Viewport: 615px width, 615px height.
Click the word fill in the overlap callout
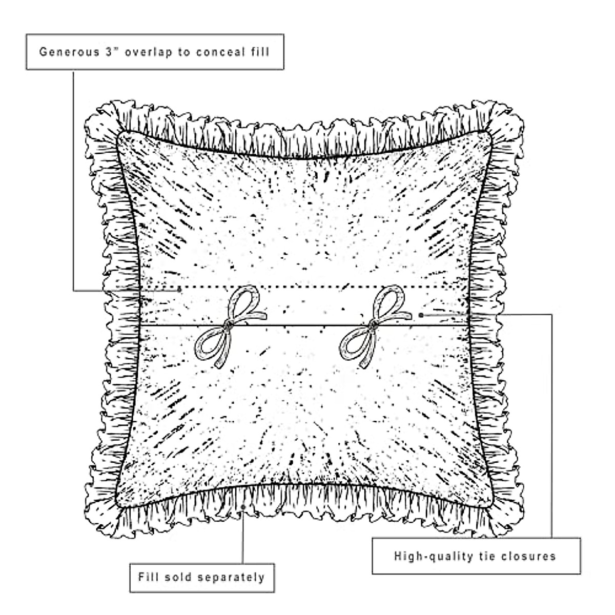(x=260, y=52)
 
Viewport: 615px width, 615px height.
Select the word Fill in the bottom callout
(x=148, y=578)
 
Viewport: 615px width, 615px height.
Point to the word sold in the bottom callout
(x=177, y=578)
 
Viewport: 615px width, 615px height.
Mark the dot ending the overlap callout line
(x=179, y=290)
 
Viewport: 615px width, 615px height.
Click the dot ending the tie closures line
(x=421, y=315)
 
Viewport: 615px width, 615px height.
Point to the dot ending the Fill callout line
(x=243, y=507)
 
